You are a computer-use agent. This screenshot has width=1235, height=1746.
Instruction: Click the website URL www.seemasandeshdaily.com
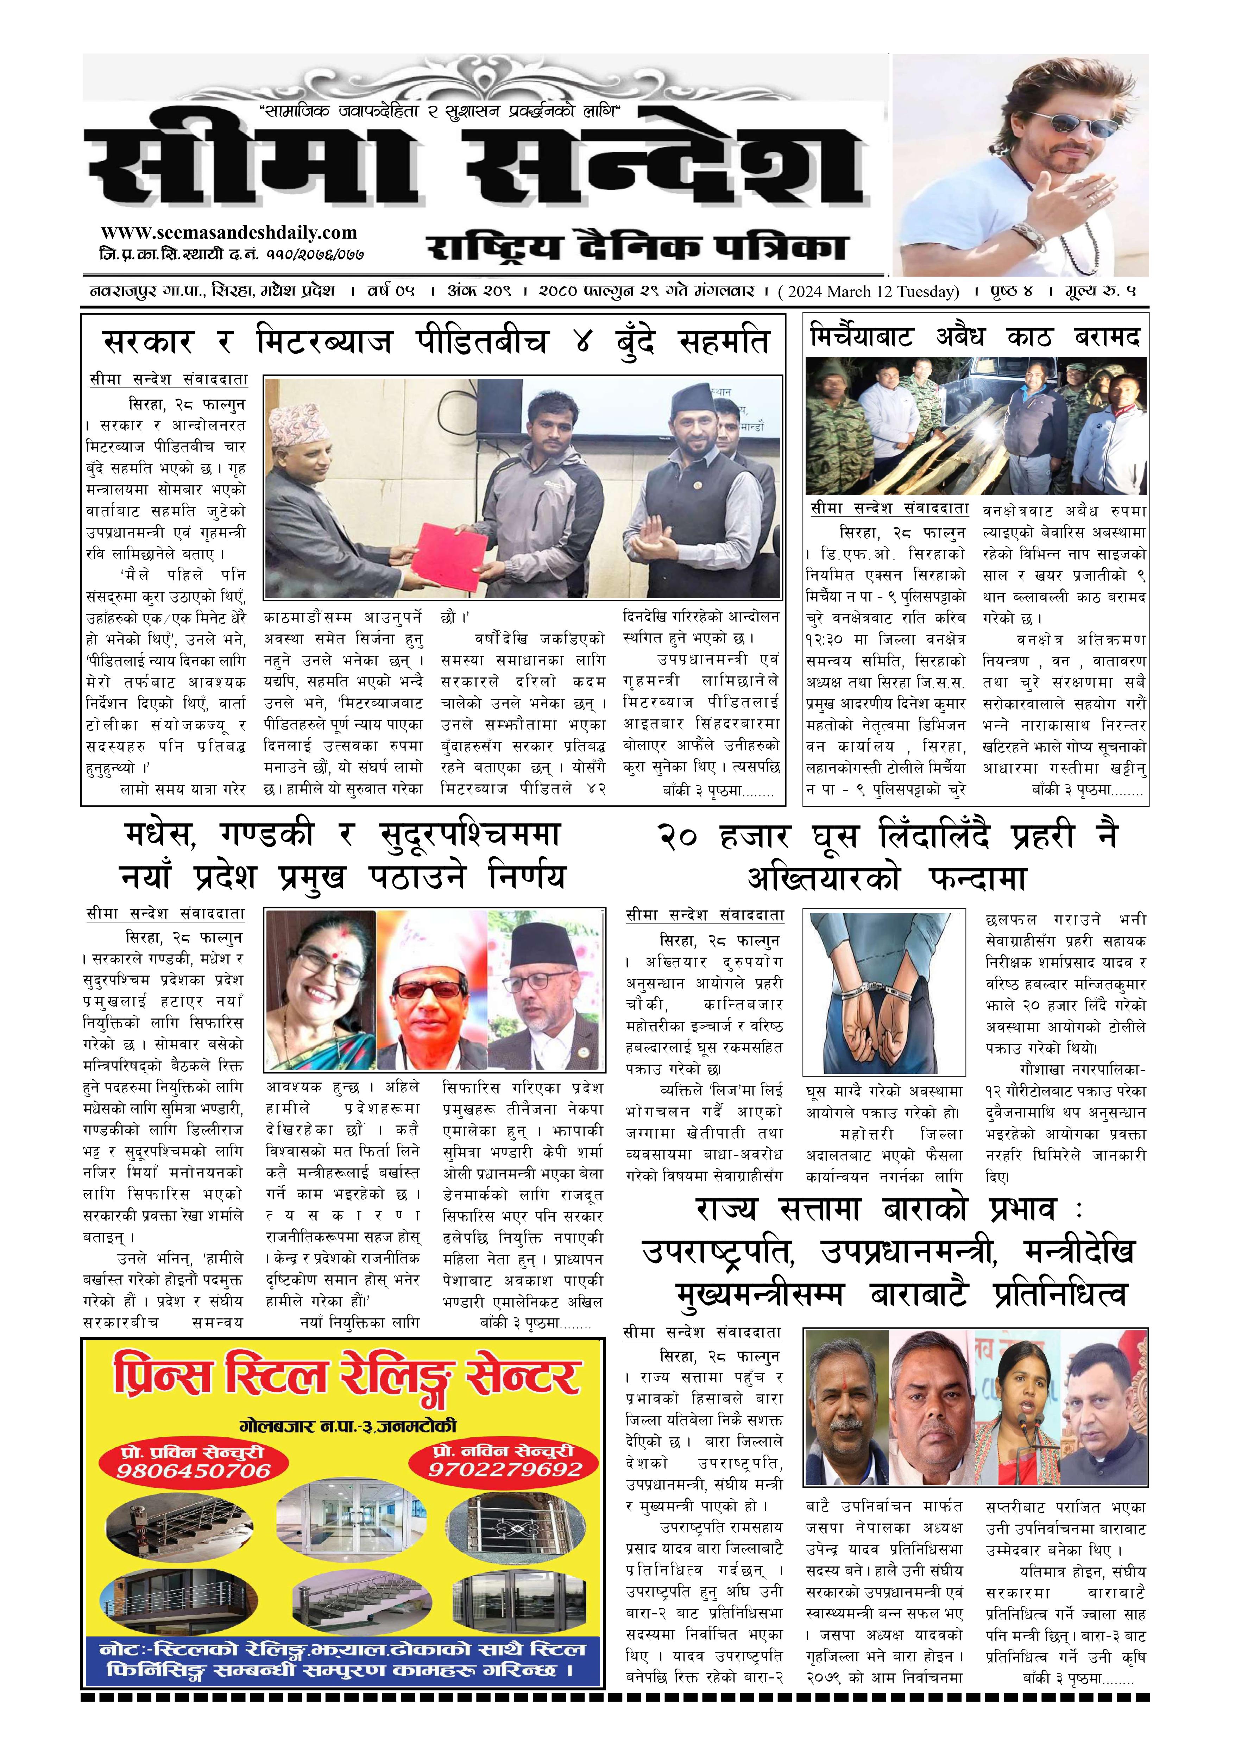tap(228, 233)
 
